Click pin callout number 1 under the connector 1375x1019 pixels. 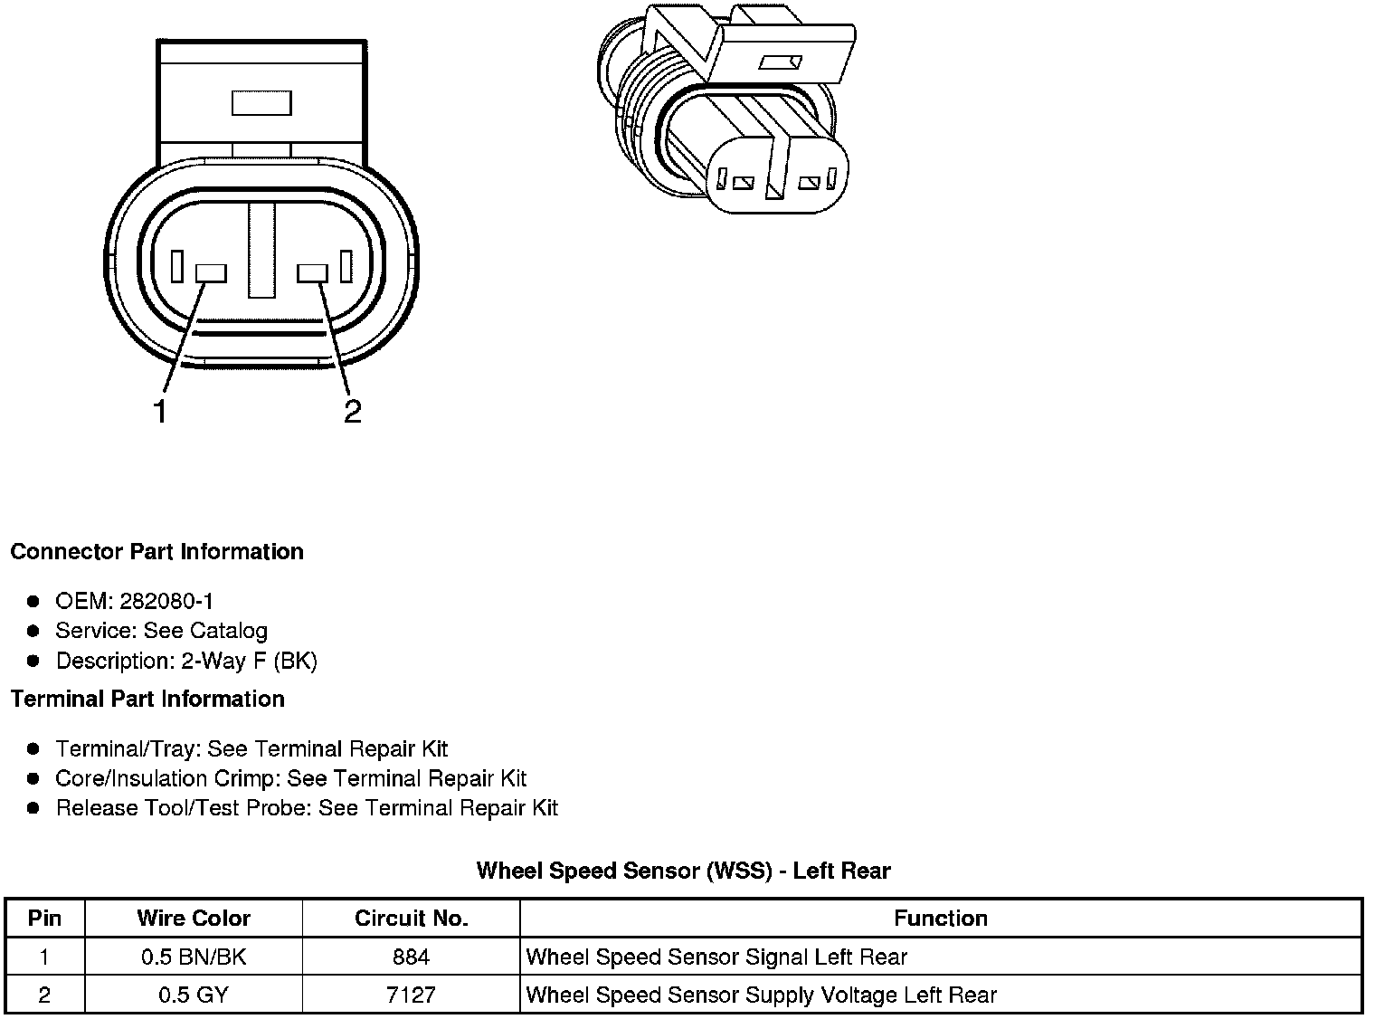160,412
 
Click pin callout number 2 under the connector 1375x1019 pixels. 352,412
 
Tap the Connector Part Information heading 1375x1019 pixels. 156,552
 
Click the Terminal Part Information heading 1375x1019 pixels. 147,700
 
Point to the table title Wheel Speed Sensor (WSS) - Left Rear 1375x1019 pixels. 683,871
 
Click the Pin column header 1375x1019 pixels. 44,919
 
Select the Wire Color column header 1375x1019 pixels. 194,919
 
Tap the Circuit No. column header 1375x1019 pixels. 411,919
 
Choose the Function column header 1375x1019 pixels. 940,919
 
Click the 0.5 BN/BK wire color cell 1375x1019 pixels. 194,957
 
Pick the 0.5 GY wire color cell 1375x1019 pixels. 194,995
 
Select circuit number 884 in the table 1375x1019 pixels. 411,957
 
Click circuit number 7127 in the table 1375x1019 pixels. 411,995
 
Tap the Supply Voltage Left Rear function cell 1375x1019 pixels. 761,995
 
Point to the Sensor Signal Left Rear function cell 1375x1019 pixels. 716,957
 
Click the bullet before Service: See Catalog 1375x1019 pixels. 33,631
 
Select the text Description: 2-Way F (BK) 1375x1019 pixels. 186,661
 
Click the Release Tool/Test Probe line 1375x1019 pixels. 307,808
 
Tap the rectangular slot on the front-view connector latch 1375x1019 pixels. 261,103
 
